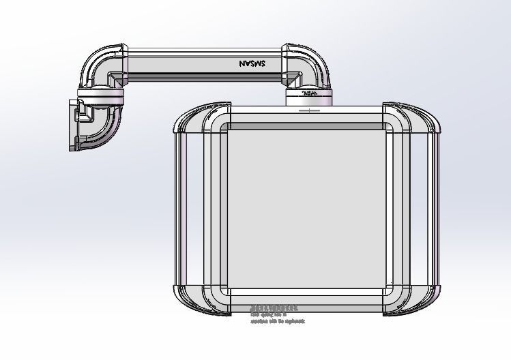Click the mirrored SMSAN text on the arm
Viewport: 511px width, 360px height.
[x=253, y=63]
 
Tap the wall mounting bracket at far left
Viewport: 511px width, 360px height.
[x=75, y=125]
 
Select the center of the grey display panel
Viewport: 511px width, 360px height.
[x=306, y=209]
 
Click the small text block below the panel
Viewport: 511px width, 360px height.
[x=276, y=314]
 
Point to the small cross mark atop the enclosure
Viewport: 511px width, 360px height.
[x=309, y=110]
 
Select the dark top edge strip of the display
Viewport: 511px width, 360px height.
[x=306, y=126]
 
